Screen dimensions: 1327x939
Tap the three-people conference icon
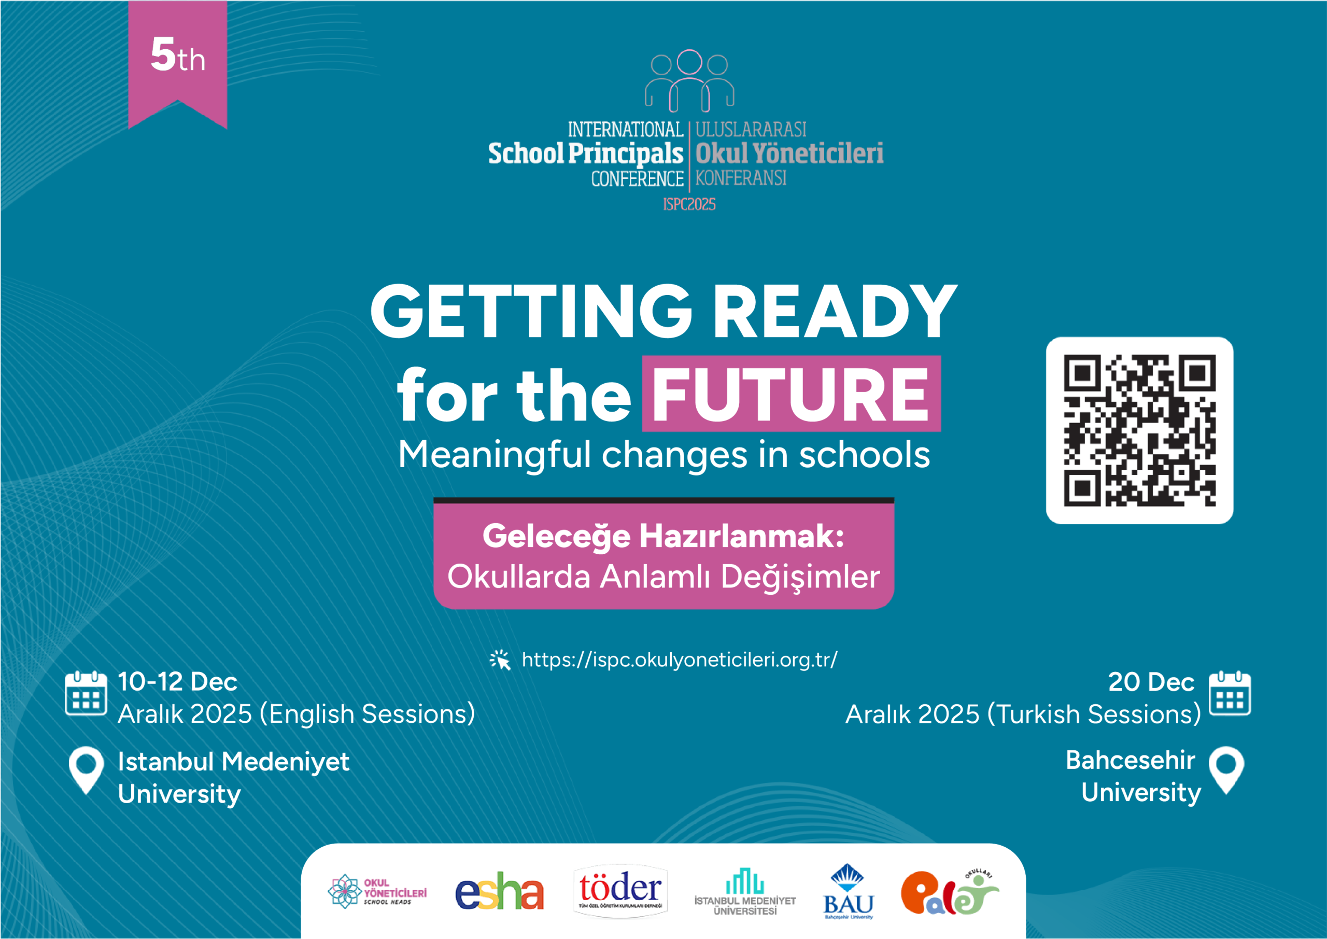point(689,81)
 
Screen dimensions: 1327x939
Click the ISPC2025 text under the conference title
point(689,204)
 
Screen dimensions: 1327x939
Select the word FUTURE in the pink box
point(790,395)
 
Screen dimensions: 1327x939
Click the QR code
point(1140,431)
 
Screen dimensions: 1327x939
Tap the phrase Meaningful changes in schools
point(664,455)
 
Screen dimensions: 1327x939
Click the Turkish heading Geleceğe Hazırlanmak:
point(663,536)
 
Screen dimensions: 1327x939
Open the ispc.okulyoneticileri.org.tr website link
point(680,660)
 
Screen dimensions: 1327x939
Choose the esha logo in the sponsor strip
point(499,891)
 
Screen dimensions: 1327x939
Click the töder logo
point(620,890)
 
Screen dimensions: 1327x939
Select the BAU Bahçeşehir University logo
point(849,891)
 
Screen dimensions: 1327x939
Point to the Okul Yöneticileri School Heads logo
point(377,891)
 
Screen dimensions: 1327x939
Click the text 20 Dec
point(1151,682)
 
